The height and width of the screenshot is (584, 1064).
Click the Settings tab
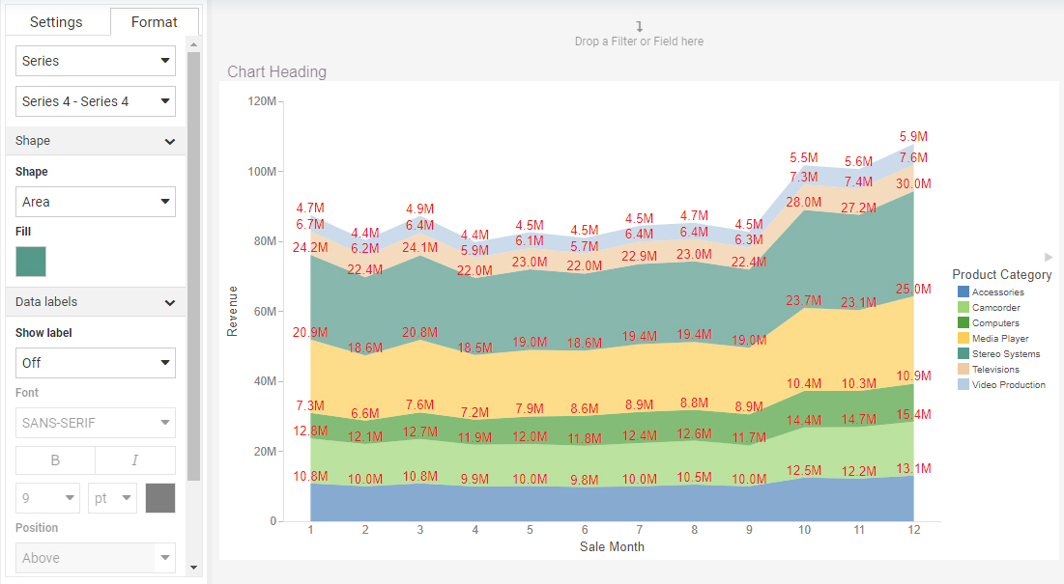pos(56,22)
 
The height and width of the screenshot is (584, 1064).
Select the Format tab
pos(155,22)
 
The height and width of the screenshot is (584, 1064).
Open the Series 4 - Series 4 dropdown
pos(96,101)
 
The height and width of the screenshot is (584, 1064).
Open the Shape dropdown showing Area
pos(96,202)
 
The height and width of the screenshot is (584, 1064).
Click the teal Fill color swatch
pos(31,262)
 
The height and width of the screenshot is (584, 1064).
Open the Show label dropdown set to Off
pos(96,363)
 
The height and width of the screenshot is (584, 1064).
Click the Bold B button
pos(55,460)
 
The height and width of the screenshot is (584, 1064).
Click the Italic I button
pos(135,460)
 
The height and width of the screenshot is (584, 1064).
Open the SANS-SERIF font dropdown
pos(96,423)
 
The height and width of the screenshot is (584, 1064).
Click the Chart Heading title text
pos(277,71)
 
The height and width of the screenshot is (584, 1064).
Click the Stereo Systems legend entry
pos(1005,354)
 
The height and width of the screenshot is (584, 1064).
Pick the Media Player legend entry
pos(999,339)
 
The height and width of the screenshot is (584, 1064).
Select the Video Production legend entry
pos(1008,385)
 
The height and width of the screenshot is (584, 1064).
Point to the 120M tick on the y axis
pos(262,101)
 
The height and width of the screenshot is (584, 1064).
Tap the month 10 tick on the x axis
pos(804,530)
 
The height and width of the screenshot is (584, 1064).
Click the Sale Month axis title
pos(612,546)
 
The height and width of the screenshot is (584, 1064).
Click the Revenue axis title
pos(232,311)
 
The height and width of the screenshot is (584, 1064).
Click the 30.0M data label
pos(913,183)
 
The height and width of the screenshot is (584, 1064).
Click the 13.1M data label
pos(913,469)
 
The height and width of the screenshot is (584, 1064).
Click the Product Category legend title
pos(1001,275)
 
